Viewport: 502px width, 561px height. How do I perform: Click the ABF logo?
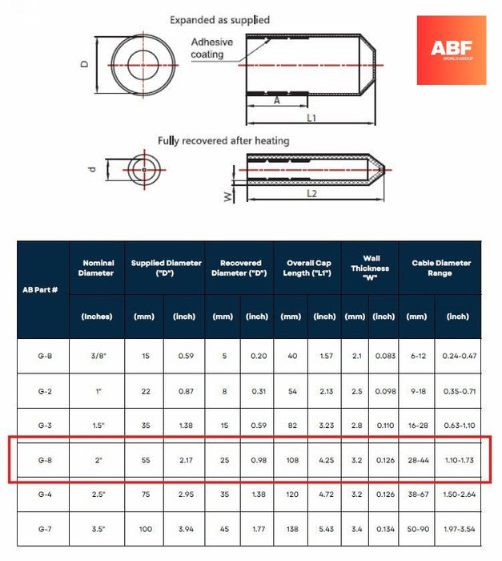pyautogui.click(x=451, y=50)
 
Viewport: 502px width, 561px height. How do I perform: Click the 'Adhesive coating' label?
pyautogui.click(x=211, y=48)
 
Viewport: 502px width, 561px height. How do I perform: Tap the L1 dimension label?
pyautogui.click(x=311, y=119)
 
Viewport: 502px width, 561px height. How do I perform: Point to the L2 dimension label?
pyautogui.click(x=311, y=194)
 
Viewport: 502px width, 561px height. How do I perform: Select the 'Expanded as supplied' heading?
pyautogui.click(x=220, y=20)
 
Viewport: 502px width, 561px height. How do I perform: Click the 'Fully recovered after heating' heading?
pyautogui.click(x=223, y=140)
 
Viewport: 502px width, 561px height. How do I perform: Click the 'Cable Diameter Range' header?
pyautogui.click(x=441, y=268)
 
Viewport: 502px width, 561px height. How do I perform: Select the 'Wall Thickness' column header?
pyautogui.click(x=370, y=268)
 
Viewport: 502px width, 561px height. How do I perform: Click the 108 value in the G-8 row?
pyautogui.click(x=290, y=460)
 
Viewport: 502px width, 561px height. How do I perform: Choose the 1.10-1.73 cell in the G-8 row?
pyautogui.click(x=457, y=460)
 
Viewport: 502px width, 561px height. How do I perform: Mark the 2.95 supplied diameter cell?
pyautogui.click(x=184, y=495)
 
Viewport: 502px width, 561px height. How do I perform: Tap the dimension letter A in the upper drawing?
pyautogui.click(x=277, y=101)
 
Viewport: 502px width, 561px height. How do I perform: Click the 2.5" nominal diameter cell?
pyautogui.click(x=97, y=495)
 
